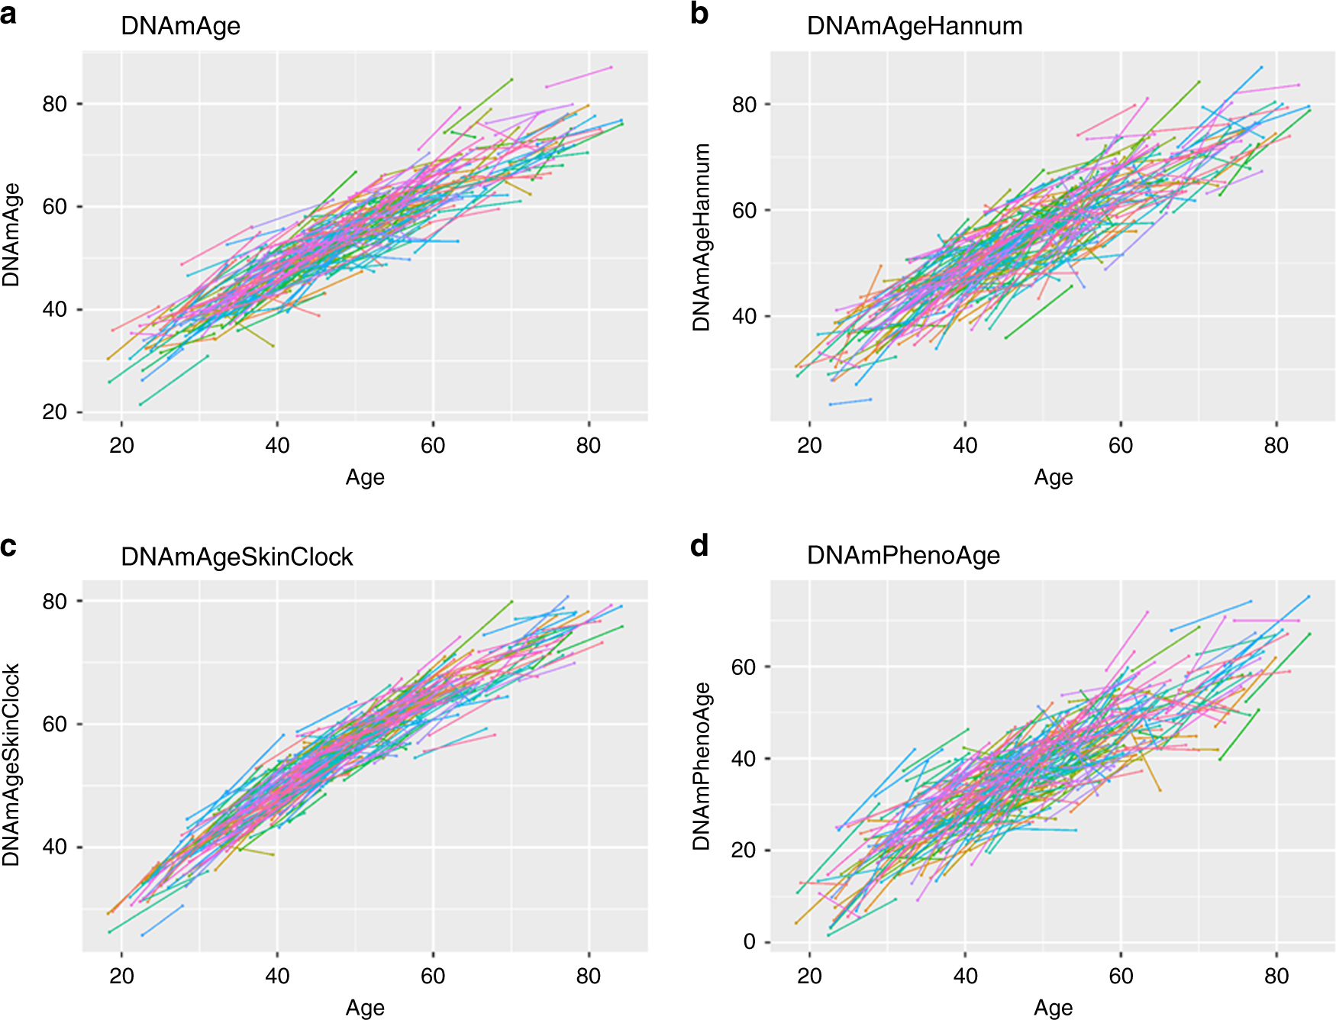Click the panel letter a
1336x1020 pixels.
[8, 14]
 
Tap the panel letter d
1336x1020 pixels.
[699, 546]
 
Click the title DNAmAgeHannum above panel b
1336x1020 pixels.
[914, 26]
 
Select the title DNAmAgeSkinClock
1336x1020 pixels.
[237, 557]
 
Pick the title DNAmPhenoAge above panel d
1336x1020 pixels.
[903, 556]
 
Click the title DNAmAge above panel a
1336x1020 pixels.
[180, 26]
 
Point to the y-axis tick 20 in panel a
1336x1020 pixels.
[55, 412]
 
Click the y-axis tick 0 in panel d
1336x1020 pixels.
[749, 942]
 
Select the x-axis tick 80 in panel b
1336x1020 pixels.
[1276, 445]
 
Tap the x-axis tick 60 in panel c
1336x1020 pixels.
[433, 976]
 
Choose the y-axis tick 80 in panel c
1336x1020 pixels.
[55, 602]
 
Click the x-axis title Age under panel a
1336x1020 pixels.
[365, 477]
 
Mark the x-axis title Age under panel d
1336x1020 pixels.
[1053, 1008]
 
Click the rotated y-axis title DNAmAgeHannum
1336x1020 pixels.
[702, 237]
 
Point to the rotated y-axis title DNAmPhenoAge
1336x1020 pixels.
[702, 766]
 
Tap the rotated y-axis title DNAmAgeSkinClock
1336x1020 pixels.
[11, 764]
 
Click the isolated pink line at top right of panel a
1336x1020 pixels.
[579, 76]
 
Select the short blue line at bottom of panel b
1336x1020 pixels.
[850, 402]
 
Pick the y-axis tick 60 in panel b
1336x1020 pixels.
[744, 211]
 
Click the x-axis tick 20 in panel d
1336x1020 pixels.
[809, 976]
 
